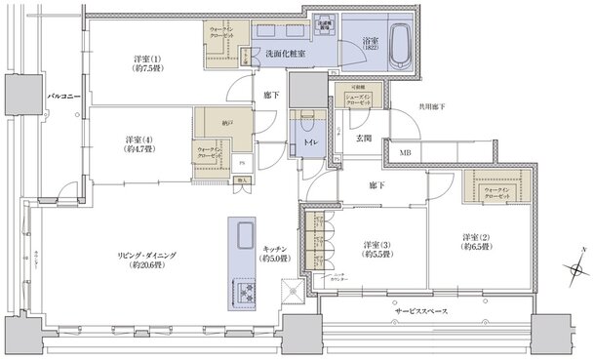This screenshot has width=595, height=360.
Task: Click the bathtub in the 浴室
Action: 399,43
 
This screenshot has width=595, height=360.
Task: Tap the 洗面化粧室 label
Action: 288,53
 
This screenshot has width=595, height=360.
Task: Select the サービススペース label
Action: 421,310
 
